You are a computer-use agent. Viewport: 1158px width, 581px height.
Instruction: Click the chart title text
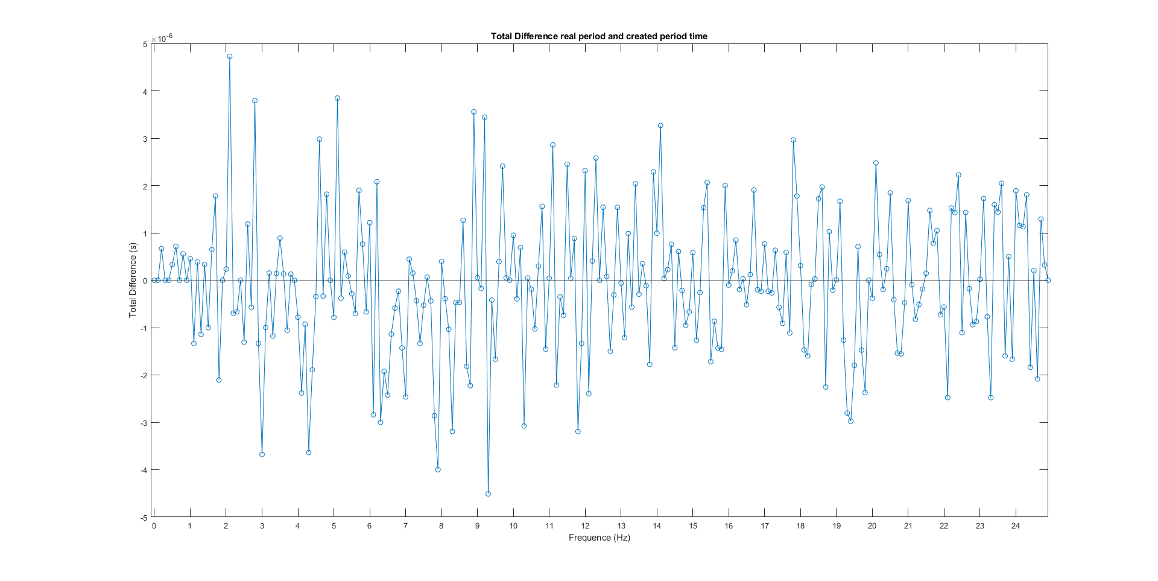[x=599, y=36]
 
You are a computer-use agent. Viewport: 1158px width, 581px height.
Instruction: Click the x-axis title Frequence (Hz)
[x=599, y=538]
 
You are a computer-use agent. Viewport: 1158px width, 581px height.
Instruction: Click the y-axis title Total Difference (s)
[x=133, y=281]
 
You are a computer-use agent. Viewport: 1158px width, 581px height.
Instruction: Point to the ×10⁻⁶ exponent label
[x=162, y=38]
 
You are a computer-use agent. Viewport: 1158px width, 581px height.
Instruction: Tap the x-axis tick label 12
[x=585, y=526]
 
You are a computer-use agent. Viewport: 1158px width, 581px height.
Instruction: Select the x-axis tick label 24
[x=1016, y=526]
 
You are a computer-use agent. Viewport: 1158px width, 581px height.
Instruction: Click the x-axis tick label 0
[x=154, y=526]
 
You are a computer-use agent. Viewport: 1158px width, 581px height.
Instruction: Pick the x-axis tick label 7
[x=405, y=526]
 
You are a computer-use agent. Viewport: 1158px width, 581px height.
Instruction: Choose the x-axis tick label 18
[x=800, y=526]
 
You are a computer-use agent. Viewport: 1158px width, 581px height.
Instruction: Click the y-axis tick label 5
[x=145, y=44]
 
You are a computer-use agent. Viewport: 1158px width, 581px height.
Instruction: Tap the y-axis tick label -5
[x=144, y=518]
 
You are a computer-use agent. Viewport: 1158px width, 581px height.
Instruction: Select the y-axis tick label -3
[x=144, y=423]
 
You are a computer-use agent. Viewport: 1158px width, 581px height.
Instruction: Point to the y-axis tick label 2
[x=145, y=186]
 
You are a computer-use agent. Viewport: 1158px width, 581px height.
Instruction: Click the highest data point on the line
[x=230, y=57]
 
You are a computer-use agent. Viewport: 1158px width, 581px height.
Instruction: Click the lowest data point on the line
[x=488, y=494]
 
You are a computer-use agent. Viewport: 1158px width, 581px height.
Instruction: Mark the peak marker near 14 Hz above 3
[x=660, y=125]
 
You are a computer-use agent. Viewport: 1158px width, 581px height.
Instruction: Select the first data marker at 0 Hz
[x=154, y=281]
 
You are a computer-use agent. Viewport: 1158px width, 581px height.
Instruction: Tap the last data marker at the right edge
[x=1048, y=281]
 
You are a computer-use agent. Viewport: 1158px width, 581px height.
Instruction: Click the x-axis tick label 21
[x=908, y=526]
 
